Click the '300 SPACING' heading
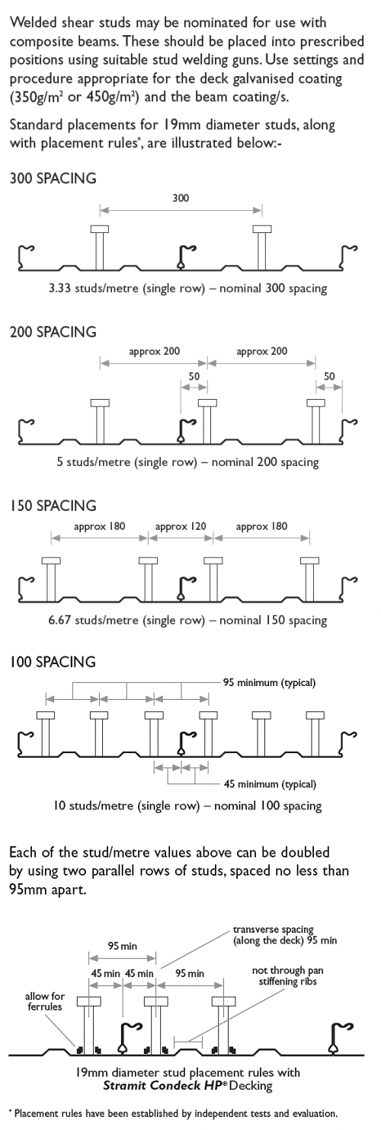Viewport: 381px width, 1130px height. tap(53, 179)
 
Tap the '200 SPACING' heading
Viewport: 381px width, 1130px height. tap(53, 332)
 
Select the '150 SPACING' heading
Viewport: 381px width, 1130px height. tap(53, 506)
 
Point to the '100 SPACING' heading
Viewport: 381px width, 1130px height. tap(53, 662)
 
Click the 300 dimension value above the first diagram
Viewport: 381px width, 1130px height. tap(181, 198)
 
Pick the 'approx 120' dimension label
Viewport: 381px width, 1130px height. tap(181, 527)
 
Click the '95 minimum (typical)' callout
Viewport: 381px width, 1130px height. tap(269, 683)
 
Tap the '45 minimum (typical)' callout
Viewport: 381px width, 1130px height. tap(270, 784)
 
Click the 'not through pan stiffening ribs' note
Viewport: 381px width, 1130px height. tap(287, 976)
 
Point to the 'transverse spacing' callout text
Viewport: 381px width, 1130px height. tap(273, 929)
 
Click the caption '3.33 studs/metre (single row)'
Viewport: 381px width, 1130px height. tap(126, 289)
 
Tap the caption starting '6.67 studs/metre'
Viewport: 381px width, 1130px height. tap(187, 621)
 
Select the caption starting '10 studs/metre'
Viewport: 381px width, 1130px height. tap(187, 806)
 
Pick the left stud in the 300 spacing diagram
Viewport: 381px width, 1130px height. tap(100, 247)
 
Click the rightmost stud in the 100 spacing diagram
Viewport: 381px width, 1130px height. tap(315, 734)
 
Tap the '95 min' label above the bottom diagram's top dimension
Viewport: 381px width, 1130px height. tap(122, 946)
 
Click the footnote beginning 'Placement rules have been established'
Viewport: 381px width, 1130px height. tap(173, 1113)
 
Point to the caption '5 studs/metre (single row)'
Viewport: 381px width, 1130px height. tap(126, 462)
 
